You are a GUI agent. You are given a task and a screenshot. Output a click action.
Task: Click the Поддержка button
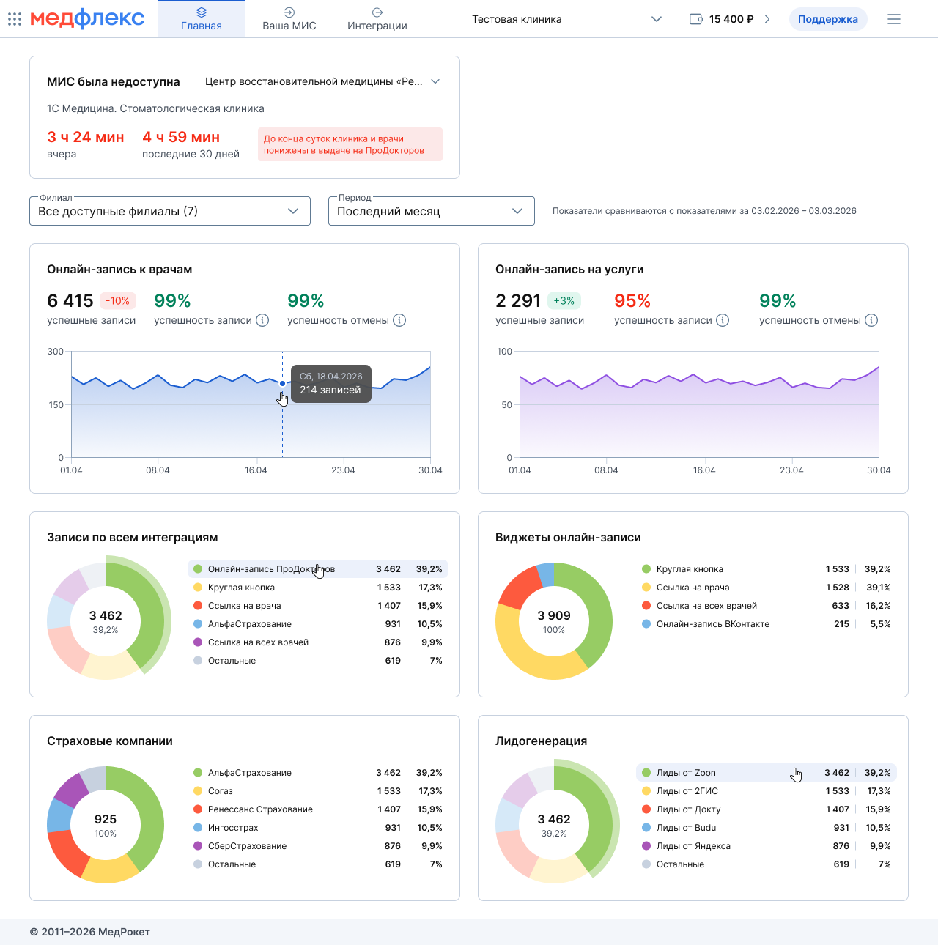point(827,19)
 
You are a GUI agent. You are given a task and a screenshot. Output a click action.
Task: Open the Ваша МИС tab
point(289,19)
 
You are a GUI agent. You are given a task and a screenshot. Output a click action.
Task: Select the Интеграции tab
point(377,19)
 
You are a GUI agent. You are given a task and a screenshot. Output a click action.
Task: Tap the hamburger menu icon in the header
point(893,19)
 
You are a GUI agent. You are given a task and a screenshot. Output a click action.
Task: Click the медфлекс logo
point(87,18)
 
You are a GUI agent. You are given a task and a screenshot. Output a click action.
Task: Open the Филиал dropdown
point(170,211)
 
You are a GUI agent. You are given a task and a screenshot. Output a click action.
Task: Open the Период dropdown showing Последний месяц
point(431,211)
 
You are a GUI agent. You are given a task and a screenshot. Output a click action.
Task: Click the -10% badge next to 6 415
point(118,300)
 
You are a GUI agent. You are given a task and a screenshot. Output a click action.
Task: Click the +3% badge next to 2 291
point(564,300)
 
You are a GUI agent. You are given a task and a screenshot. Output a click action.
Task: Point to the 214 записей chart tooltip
point(330,383)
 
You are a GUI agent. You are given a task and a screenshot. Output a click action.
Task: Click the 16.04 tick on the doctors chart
point(256,470)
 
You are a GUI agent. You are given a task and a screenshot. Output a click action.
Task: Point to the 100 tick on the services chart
point(504,351)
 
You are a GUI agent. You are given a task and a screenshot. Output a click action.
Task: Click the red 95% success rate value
point(632,300)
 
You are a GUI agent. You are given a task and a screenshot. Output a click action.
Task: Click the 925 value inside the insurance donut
point(106,819)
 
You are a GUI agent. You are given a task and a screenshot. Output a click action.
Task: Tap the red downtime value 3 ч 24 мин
point(85,137)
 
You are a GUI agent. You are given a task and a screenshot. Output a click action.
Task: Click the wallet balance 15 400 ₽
point(731,19)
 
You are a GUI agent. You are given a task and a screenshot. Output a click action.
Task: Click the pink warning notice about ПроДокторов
point(350,144)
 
